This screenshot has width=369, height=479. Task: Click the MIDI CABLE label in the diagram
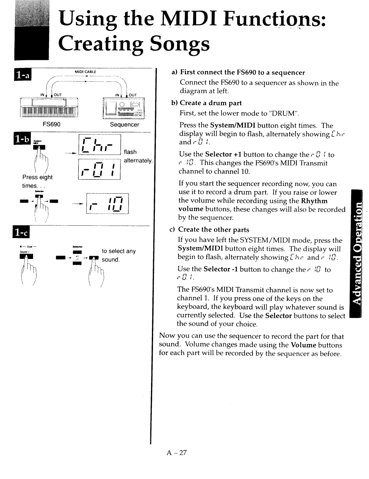(85, 72)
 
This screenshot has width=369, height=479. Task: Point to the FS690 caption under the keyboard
(51, 124)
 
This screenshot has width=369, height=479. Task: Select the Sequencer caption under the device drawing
(124, 125)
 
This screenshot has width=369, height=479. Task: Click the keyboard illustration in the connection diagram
(49, 108)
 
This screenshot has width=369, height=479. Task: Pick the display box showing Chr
(100, 144)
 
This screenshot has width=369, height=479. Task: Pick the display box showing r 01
(99, 169)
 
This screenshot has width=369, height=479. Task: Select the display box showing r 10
(107, 204)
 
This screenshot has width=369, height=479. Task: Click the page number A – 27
(177, 452)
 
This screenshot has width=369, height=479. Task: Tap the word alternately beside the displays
(138, 160)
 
